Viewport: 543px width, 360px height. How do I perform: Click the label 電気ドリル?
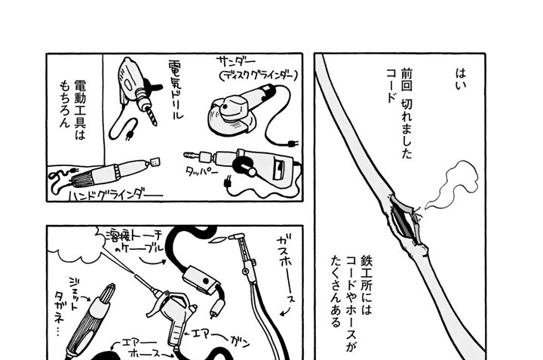click(176, 89)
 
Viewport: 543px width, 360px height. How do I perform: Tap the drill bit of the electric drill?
click(152, 116)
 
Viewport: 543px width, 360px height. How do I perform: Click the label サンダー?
click(236, 62)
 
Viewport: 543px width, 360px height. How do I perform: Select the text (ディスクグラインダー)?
click(259, 75)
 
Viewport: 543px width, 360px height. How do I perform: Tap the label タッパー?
click(201, 171)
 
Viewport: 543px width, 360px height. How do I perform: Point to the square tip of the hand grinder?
click(155, 162)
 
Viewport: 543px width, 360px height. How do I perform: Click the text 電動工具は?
click(81, 110)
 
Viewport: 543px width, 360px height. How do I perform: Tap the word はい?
click(460, 79)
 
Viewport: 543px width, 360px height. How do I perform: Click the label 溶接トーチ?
click(134, 236)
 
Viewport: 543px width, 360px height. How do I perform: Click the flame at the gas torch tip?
click(219, 238)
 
